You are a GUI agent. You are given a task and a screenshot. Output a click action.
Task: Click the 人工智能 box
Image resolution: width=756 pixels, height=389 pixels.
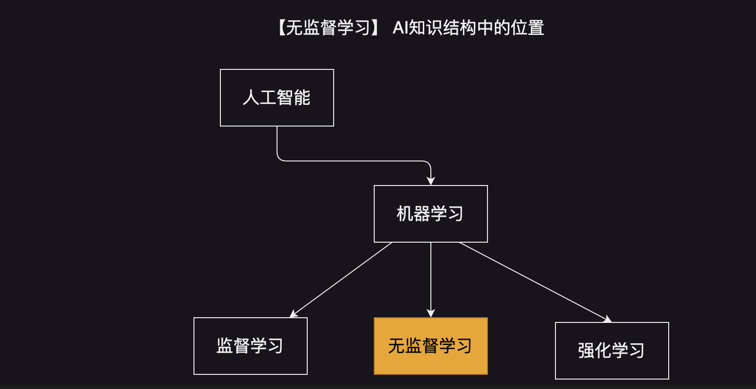tap(277, 98)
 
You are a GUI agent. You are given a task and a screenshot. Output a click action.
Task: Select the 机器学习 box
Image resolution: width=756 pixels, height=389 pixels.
tap(431, 214)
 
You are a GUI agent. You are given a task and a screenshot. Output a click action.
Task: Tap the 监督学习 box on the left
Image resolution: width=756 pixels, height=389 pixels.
tap(251, 346)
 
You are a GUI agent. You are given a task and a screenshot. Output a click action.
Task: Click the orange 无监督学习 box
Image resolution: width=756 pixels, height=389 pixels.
tap(431, 346)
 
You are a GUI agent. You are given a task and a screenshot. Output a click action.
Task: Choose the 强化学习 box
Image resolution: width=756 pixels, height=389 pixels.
tap(612, 350)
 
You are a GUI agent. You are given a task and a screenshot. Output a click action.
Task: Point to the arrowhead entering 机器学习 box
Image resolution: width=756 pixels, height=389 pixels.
tap(431, 181)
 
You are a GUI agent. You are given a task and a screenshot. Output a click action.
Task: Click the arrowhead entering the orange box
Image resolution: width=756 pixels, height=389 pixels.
tap(431, 313)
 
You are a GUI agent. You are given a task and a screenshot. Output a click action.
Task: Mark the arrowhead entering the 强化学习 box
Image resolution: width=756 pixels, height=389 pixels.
tap(607, 319)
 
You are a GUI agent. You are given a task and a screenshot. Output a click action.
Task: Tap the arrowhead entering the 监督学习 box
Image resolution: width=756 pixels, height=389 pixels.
tap(294, 313)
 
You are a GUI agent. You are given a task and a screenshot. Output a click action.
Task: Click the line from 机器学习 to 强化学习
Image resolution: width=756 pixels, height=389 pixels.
tap(535, 282)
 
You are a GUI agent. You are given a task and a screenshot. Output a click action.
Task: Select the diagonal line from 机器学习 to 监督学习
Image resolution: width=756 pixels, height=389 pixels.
tap(341, 280)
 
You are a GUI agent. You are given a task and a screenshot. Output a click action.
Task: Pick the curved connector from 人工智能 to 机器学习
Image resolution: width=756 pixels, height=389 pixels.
tap(354, 161)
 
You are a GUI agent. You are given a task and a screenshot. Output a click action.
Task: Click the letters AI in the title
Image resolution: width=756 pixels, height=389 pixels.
tap(401, 28)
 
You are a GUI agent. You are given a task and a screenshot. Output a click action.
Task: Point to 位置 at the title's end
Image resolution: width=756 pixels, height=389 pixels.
tap(528, 28)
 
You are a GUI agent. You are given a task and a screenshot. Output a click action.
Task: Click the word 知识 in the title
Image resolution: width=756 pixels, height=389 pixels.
tap(426, 28)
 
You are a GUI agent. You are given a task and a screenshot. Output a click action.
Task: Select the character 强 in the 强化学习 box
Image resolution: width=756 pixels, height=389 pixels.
tap(586, 350)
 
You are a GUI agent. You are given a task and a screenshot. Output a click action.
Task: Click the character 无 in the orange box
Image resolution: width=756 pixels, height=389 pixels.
tap(396, 346)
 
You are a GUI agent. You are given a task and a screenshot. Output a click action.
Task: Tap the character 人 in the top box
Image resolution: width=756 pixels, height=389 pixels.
tap(251, 98)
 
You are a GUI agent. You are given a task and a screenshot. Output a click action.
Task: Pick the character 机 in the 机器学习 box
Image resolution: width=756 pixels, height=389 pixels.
tap(405, 214)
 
